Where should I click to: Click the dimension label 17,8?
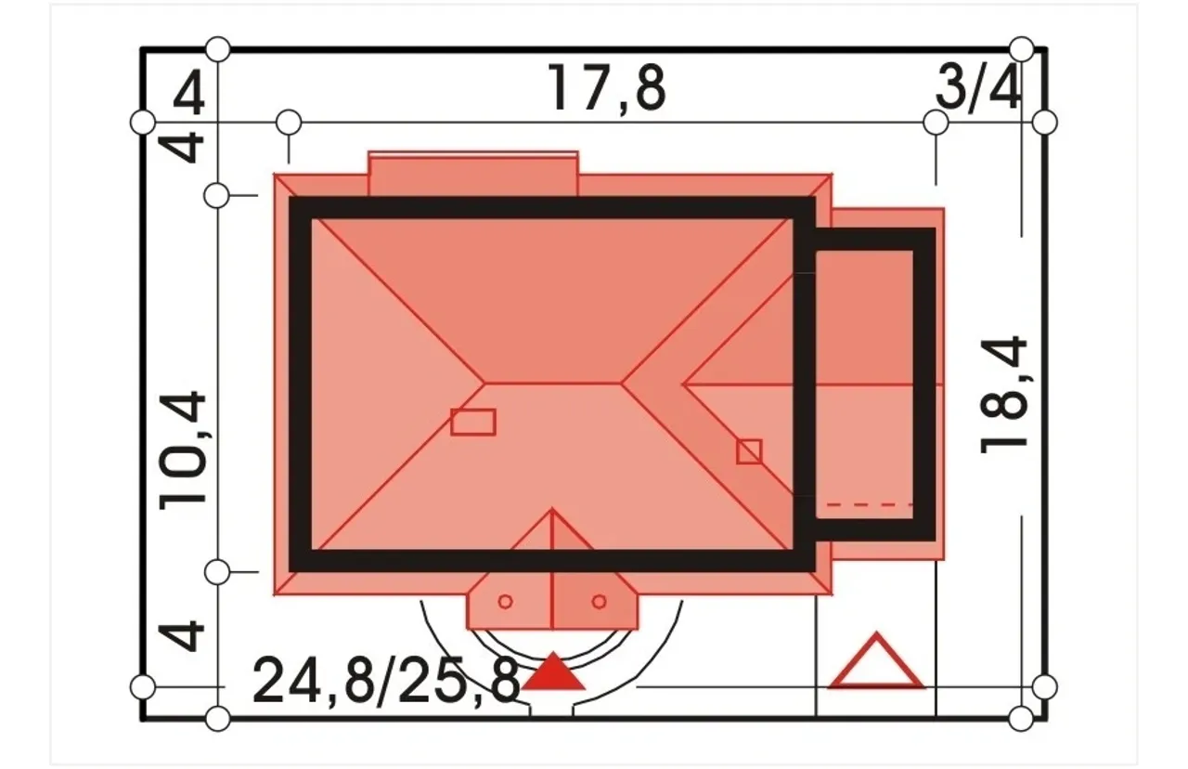click(606, 88)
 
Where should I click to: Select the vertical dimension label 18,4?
click(1003, 395)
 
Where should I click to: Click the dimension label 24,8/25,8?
click(386, 681)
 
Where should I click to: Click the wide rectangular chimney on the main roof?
click(473, 422)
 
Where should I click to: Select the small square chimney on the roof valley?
click(749, 451)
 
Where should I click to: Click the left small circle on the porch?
click(506, 602)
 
